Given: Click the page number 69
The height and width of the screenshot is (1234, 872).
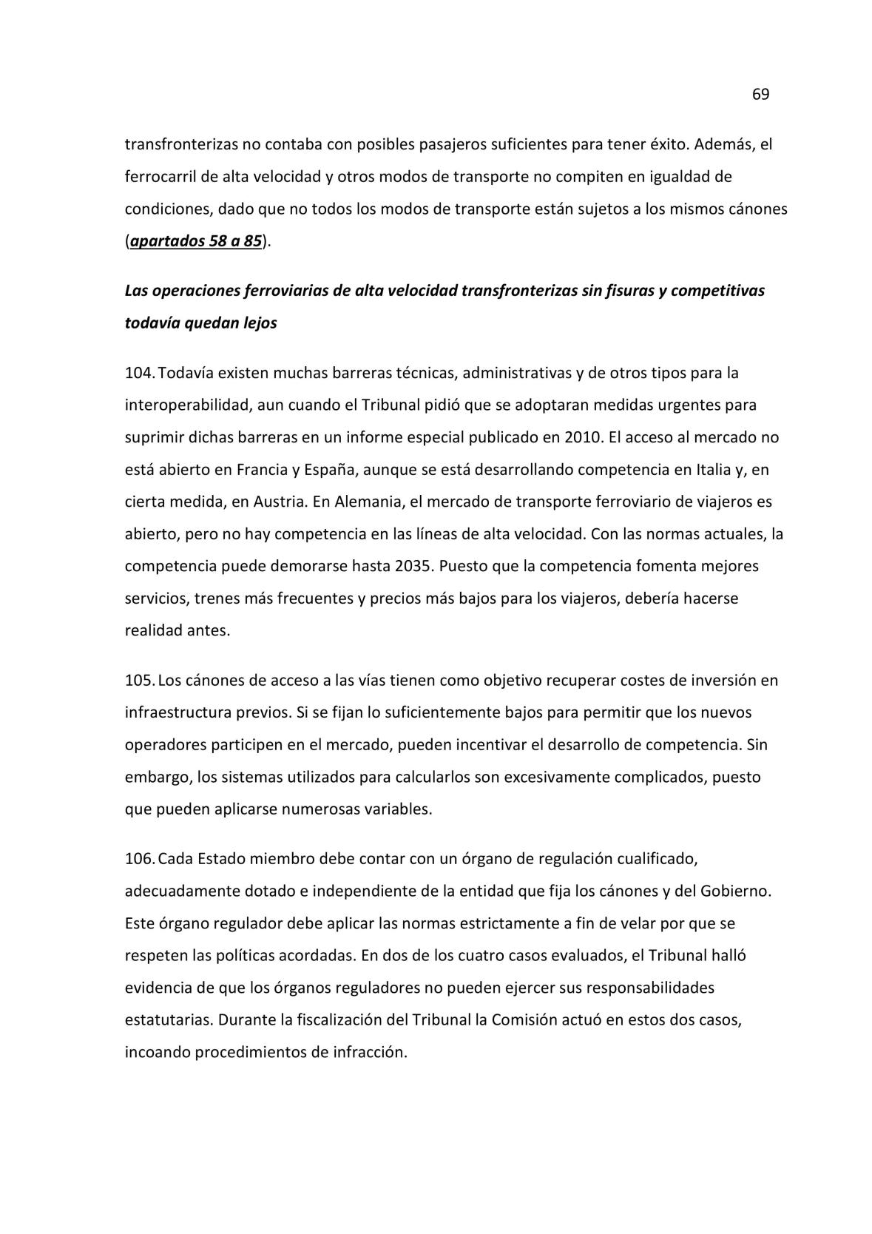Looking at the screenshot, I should coord(760,95).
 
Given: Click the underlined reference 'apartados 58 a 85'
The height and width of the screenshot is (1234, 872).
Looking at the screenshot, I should coord(195,241).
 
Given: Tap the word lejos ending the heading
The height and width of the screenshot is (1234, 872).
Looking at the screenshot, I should coord(260,323).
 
